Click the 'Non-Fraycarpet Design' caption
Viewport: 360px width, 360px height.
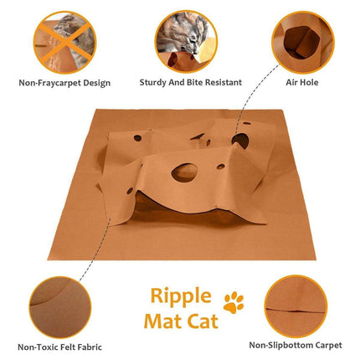click(65, 83)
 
